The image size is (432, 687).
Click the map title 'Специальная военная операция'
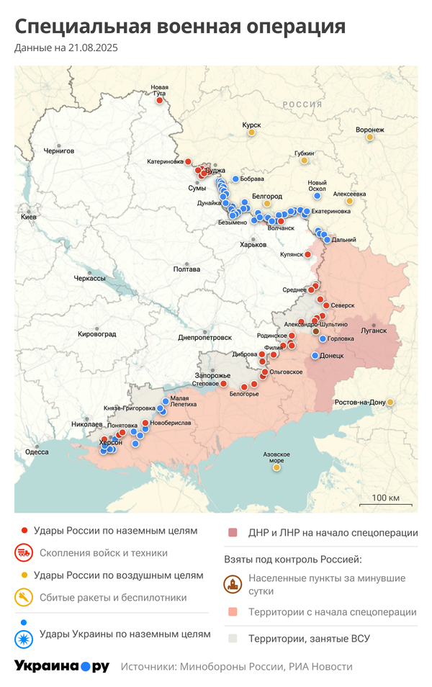(x=180, y=27)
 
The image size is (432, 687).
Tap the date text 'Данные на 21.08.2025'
(x=66, y=48)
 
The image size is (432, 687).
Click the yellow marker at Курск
(x=251, y=133)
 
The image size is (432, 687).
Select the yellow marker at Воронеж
(x=370, y=137)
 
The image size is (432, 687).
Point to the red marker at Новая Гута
(x=159, y=101)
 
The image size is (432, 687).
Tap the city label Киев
(x=29, y=217)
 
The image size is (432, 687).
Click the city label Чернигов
(x=58, y=151)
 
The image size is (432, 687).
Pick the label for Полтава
(x=186, y=269)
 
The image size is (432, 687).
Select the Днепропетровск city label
(x=205, y=337)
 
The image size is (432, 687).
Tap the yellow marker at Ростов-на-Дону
(x=390, y=402)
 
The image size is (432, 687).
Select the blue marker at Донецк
(x=315, y=356)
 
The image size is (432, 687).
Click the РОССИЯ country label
(x=302, y=104)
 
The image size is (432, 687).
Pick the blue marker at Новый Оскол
(x=317, y=195)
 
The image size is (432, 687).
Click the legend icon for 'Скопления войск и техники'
(x=24, y=553)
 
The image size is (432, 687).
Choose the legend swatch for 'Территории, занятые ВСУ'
(x=233, y=638)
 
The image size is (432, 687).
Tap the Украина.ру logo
(x=62, y=666)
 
